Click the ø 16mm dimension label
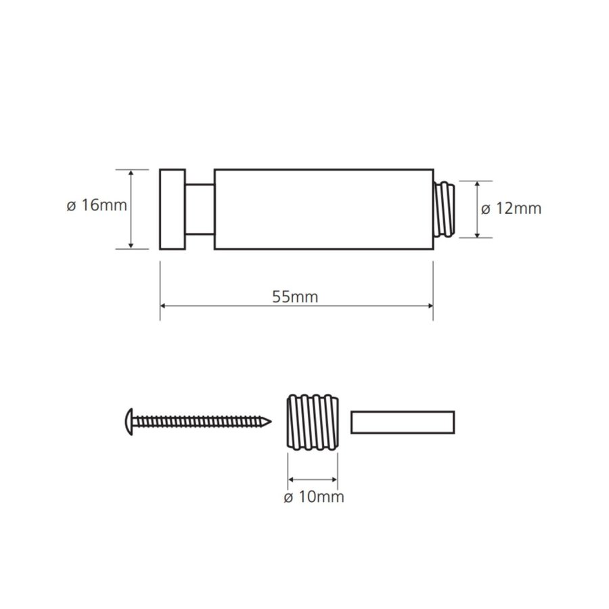tap(97, 205)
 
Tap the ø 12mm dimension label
tap(512, 208)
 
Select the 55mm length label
tap(295, 296)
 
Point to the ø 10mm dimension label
tap(313, 497)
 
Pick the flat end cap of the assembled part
tap(173, 209)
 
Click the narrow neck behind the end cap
tap(200, 209)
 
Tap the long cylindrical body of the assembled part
tap(323, 209)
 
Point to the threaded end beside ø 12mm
tap(447, 209)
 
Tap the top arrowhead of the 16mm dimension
tap(132, 173)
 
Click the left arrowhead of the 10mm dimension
tap(292, 480)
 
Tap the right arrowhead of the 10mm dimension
tap(334, 480)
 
